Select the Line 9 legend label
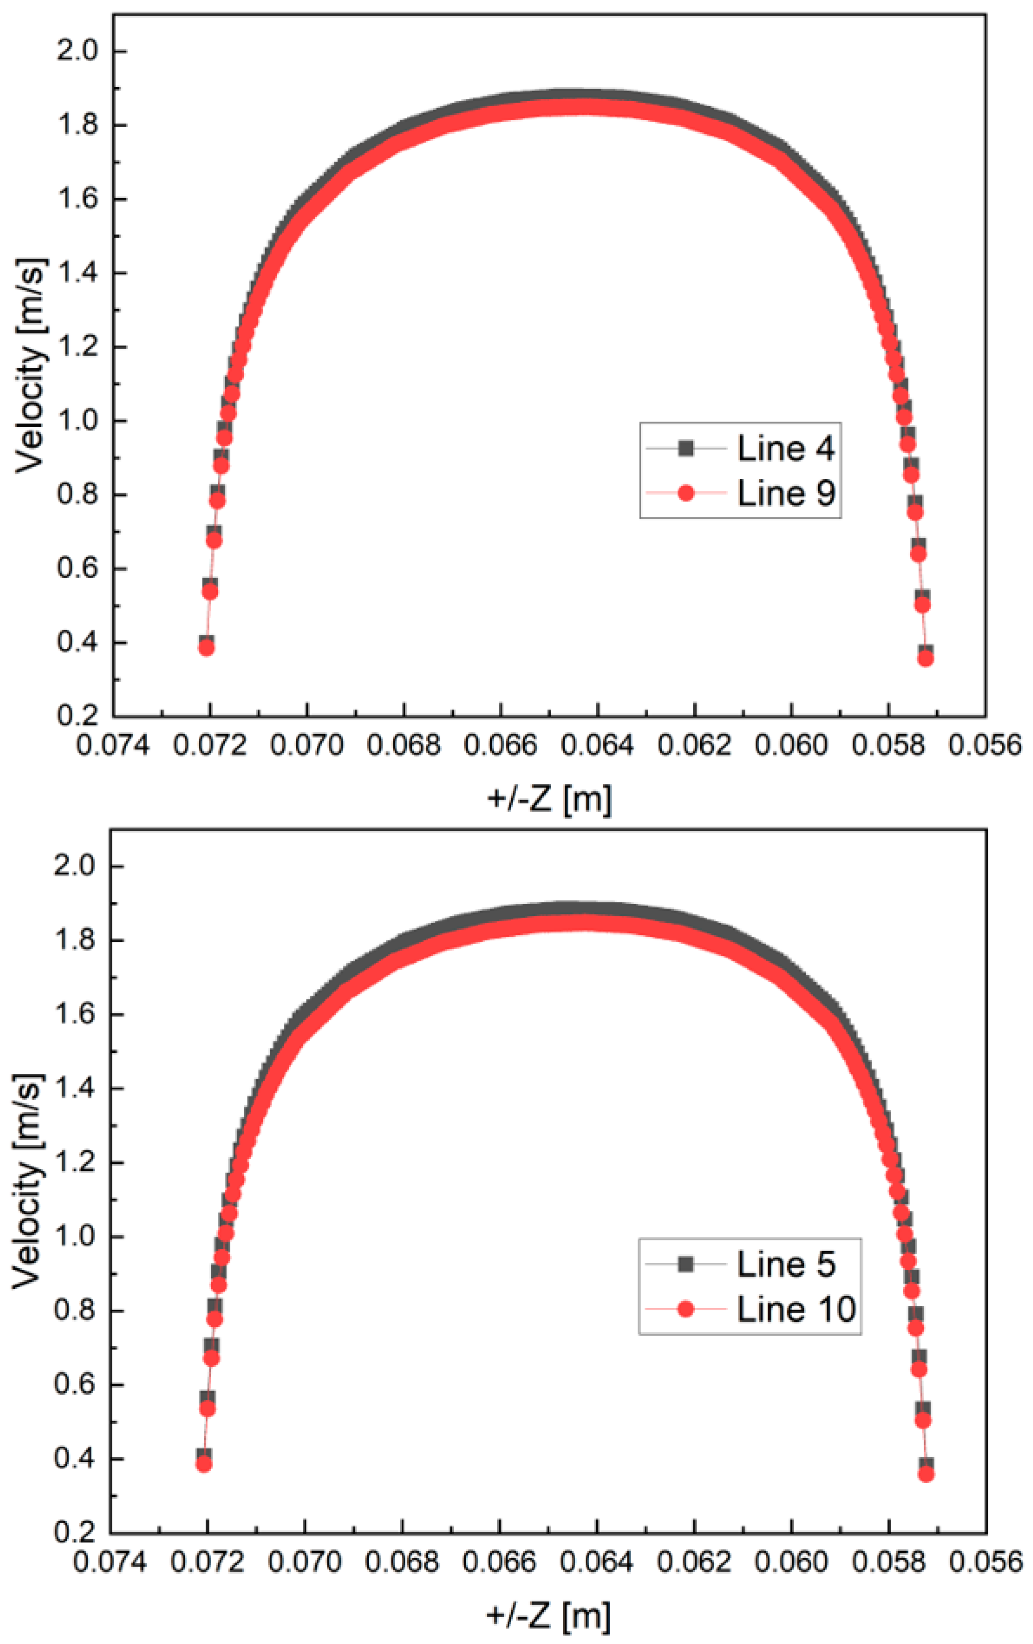(786, 493)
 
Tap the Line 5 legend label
(786, 1265)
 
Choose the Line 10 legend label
(796, 1309)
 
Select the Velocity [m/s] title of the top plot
(31, 365)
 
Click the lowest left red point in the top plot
(207, 648)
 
